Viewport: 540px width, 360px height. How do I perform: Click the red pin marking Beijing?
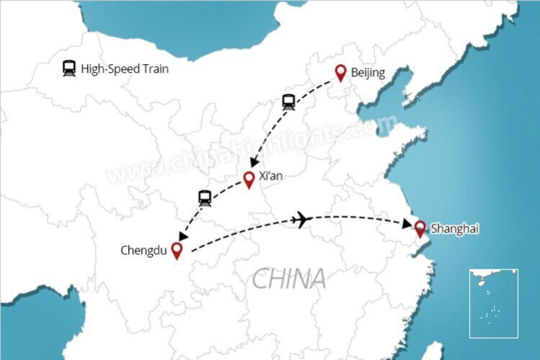point(341,72)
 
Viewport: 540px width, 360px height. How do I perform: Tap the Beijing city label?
point(368,73)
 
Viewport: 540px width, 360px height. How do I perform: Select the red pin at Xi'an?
point(249,179)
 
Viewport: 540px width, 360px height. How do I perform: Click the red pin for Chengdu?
point(176,249)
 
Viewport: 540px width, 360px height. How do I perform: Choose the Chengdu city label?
point(144,251)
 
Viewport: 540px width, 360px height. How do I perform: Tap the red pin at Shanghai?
point(420,228)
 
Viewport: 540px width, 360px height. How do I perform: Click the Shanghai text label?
point(454,229)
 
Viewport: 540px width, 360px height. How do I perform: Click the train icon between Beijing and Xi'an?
point(289,102)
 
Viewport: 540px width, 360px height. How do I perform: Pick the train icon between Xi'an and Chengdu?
point(204,198)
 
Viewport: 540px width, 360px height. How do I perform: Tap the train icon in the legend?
point(69,69)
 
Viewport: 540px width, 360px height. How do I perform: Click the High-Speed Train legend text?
point(125,70)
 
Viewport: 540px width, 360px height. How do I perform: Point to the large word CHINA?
point(289,278)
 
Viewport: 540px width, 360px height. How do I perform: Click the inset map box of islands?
point(493,303)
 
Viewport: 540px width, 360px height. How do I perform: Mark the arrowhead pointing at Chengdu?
point(182,236)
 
